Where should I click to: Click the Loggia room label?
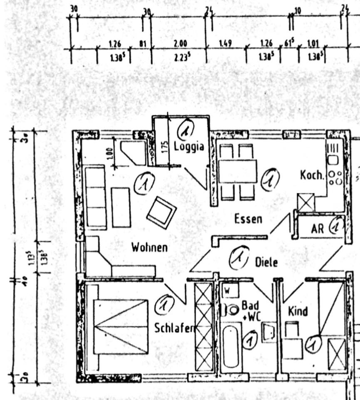pyautogui.click(x=189, y=147)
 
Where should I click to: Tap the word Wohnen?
pyautogui.click(x=149, y=247)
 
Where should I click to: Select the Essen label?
pyautogui.click(x=248, y=218)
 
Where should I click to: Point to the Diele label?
pyautogui.click(x=266, y=262)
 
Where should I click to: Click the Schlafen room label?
pyautogui.click(x=175, y=328)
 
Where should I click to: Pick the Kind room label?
pyautogui.click(x=298, y=311)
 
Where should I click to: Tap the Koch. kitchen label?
pyautogui.click(x=312, y=175)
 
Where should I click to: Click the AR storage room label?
pyautogui.click(x=317, y=229)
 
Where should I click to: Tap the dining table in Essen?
pyautogui.click(x=238, y=171)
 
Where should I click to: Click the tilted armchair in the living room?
pyautogui.click(x=161, y=212)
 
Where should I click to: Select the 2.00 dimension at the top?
pyautogui.click(x=180, y=43)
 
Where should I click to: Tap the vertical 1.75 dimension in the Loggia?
pyautogui.click(x=165, y=146)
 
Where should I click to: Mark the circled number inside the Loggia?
pyautogui.click(x=186, y=130)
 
